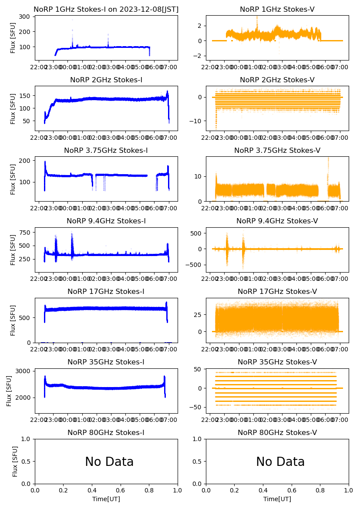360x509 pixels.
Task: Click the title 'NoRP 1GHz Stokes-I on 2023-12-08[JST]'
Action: pos(106,10)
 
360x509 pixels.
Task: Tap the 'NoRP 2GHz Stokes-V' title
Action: pos(277,80)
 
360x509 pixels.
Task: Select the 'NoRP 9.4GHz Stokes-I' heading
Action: pos(106,221)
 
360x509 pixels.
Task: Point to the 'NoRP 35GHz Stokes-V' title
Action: pos(277,362)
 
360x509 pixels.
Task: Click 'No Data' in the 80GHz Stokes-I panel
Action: pos(109,462)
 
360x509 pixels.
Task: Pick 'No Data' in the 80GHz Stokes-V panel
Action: pos(280,462)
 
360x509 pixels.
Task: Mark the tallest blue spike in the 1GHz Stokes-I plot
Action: pos(72,20)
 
